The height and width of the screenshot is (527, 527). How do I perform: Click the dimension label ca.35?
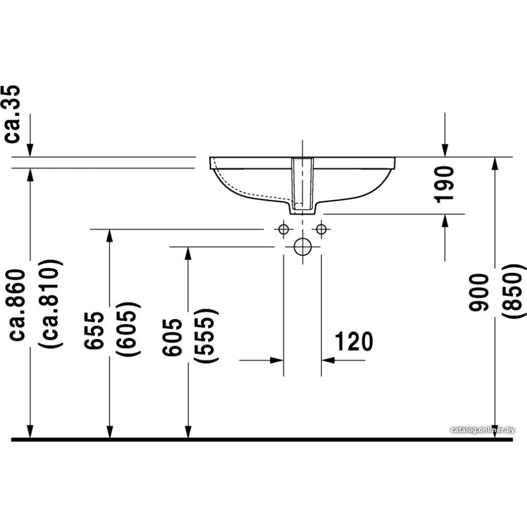(13, 114)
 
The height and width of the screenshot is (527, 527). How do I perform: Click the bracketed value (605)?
(129, 330)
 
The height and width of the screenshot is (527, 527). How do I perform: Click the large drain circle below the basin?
(302, 246)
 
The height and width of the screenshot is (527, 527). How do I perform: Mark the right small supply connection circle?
(321, 229)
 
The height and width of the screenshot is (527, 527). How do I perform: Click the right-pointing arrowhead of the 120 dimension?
(277, 360)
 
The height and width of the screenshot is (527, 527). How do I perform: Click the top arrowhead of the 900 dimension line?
(494, 163)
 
